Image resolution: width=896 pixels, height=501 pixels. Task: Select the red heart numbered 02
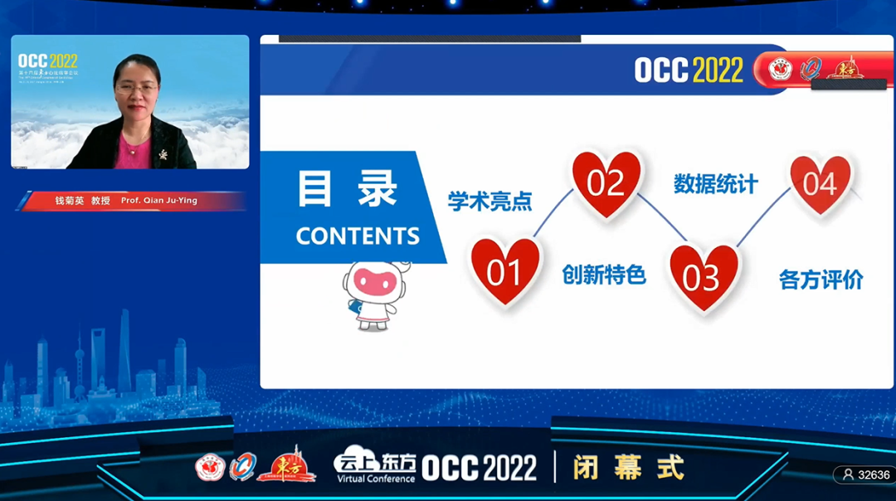(606, 182)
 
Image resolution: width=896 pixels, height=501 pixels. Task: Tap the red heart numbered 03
(703, 276)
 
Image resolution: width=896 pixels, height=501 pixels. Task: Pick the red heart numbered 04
(820, 182)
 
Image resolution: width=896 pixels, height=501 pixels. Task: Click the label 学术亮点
(489, 202)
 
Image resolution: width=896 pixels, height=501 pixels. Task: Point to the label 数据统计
(715, 184)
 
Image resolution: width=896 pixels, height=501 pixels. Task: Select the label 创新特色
(604, 275)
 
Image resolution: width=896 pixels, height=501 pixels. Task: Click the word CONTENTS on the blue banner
(358, 236)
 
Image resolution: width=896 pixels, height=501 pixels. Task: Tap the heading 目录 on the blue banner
(347, 189)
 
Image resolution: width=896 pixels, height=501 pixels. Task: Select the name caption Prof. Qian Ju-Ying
(158, 201)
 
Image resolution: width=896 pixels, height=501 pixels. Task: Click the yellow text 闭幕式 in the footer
(628, 468)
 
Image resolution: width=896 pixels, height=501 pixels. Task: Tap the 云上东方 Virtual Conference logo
(374, 468)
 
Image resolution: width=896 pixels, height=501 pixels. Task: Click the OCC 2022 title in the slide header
(689, 71)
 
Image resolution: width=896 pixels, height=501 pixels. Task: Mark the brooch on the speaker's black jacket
(163, 153)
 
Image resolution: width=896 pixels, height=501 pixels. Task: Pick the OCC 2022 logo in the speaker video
(48, 61)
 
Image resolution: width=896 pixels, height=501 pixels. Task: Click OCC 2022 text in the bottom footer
(480, 469)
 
